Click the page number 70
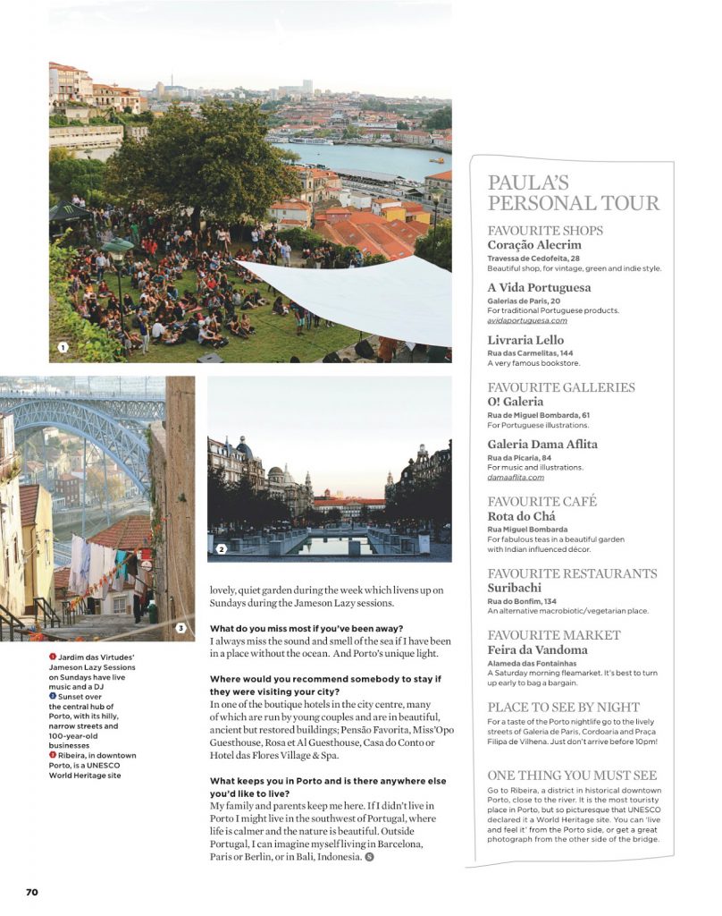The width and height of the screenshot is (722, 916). click(x=31, y=892)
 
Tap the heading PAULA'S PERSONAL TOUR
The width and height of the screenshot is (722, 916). click(x=573, y=193)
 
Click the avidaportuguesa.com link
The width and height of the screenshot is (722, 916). click(x=527, y=320)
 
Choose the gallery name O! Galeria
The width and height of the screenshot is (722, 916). click(x=516, y=402)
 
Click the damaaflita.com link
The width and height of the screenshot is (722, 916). click(x=516, y=477)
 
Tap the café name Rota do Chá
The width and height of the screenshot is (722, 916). click(x=521, y=516)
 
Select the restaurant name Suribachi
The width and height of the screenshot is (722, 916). click(x=516, y=588)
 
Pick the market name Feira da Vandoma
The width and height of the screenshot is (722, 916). click(x=537, y=649)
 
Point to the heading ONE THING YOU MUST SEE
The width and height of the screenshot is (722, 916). click(x=572, y=776)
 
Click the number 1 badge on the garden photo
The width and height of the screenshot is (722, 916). click(x=63, y=346)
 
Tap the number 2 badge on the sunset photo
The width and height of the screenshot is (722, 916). click(x=221, y=548)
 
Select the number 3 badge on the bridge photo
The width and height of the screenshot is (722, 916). click(x=180, y=628)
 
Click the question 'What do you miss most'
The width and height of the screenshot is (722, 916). click(x=306, y=628)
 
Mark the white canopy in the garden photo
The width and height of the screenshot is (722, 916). click(x=357, y=295)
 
